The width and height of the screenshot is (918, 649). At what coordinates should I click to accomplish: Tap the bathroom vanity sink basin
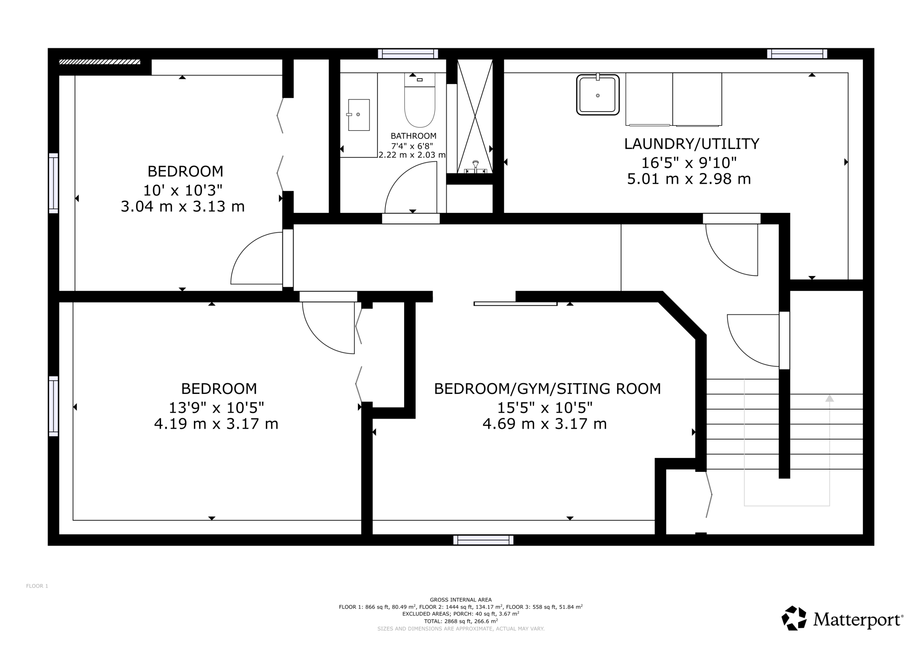(x=359, y=115)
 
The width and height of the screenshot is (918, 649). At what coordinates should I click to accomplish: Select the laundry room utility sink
(x=598, y=94)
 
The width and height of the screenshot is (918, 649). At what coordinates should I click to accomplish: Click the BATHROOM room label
(x=413, y=136)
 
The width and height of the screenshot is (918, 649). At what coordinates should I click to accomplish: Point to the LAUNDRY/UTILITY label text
(x=692, y=144)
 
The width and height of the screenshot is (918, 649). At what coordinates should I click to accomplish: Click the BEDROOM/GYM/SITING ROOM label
(x=547, y=389)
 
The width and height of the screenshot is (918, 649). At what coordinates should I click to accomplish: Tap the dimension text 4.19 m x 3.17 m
(x=216, y=423)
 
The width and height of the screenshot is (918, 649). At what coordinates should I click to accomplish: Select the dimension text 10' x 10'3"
(x=183, y=190)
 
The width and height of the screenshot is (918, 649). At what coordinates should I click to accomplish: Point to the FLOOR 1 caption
(x=37, y=586)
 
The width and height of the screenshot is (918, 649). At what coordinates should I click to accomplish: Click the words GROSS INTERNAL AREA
(x=460, y=600)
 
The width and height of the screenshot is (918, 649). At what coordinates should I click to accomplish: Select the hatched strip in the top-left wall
(x=100, y=62)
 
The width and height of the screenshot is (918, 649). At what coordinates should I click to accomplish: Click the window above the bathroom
(x=408, y=53)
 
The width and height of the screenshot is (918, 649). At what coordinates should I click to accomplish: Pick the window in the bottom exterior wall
(x=483, y=540)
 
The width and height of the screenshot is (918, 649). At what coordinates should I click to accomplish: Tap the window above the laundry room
(x=797, y=53)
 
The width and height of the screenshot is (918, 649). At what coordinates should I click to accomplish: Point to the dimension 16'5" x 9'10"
(x=689, y=163)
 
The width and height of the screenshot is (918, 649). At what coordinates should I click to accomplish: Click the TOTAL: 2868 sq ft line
(x=460, y=621)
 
